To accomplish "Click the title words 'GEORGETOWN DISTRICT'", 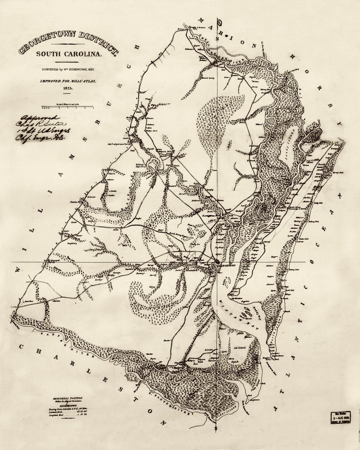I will [68, 44].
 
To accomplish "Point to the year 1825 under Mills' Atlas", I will [68, 88].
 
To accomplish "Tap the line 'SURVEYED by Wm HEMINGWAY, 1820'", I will [68, 69].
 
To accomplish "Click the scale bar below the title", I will [67, 107].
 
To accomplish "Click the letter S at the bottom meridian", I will [217, 428].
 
